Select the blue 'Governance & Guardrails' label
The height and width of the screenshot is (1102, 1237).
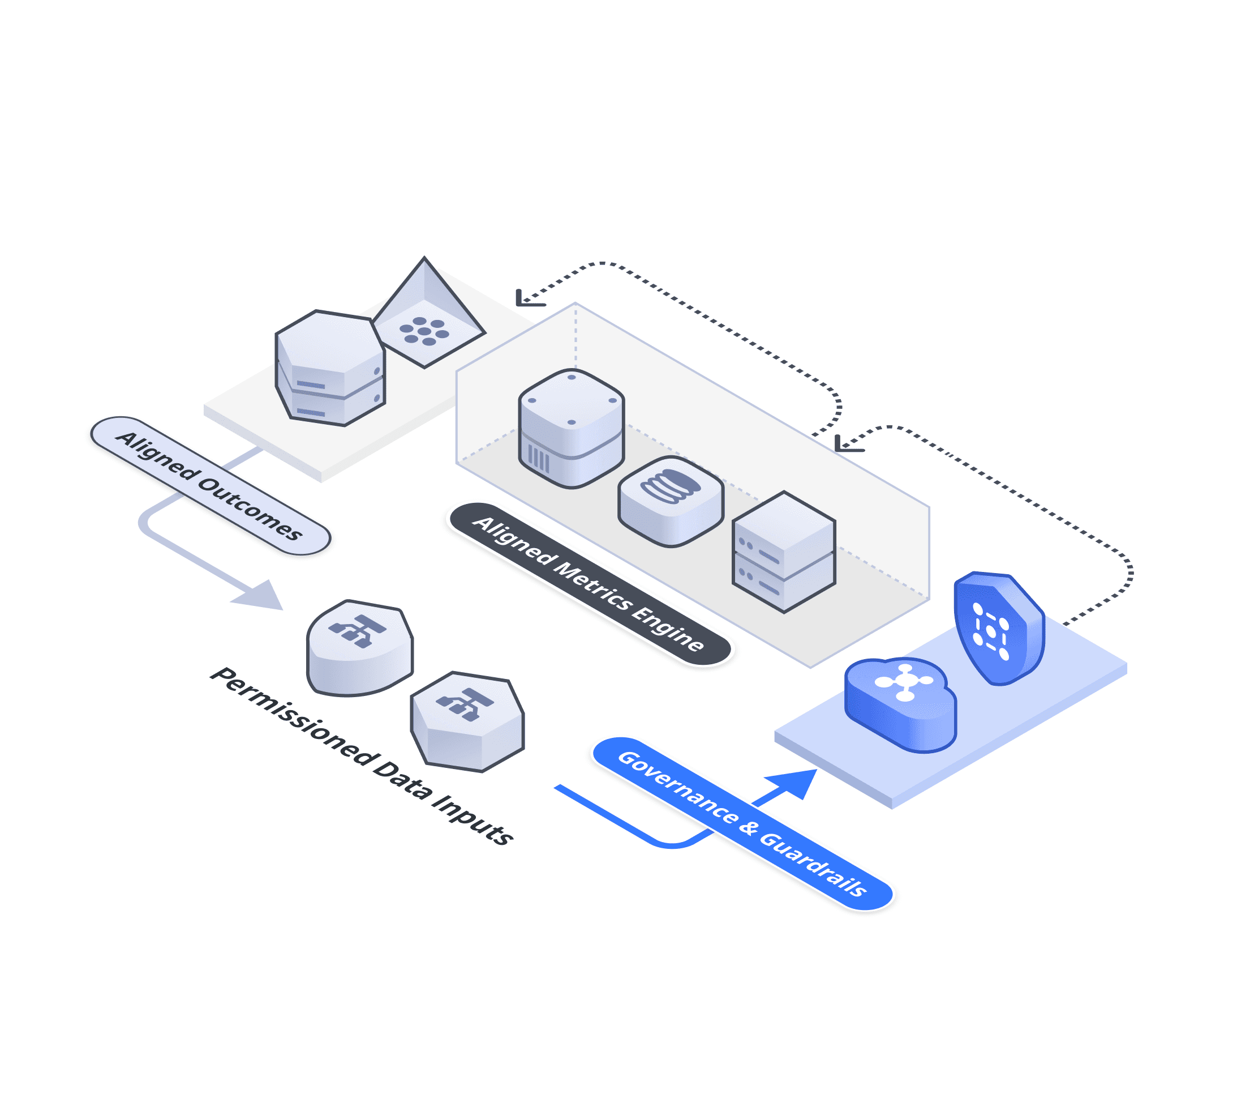742,823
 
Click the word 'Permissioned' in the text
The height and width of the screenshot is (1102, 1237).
293,716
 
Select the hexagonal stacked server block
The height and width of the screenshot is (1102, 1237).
330,368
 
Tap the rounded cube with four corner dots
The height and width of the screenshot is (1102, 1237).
572,427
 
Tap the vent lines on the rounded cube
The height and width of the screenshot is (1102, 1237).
538,458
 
